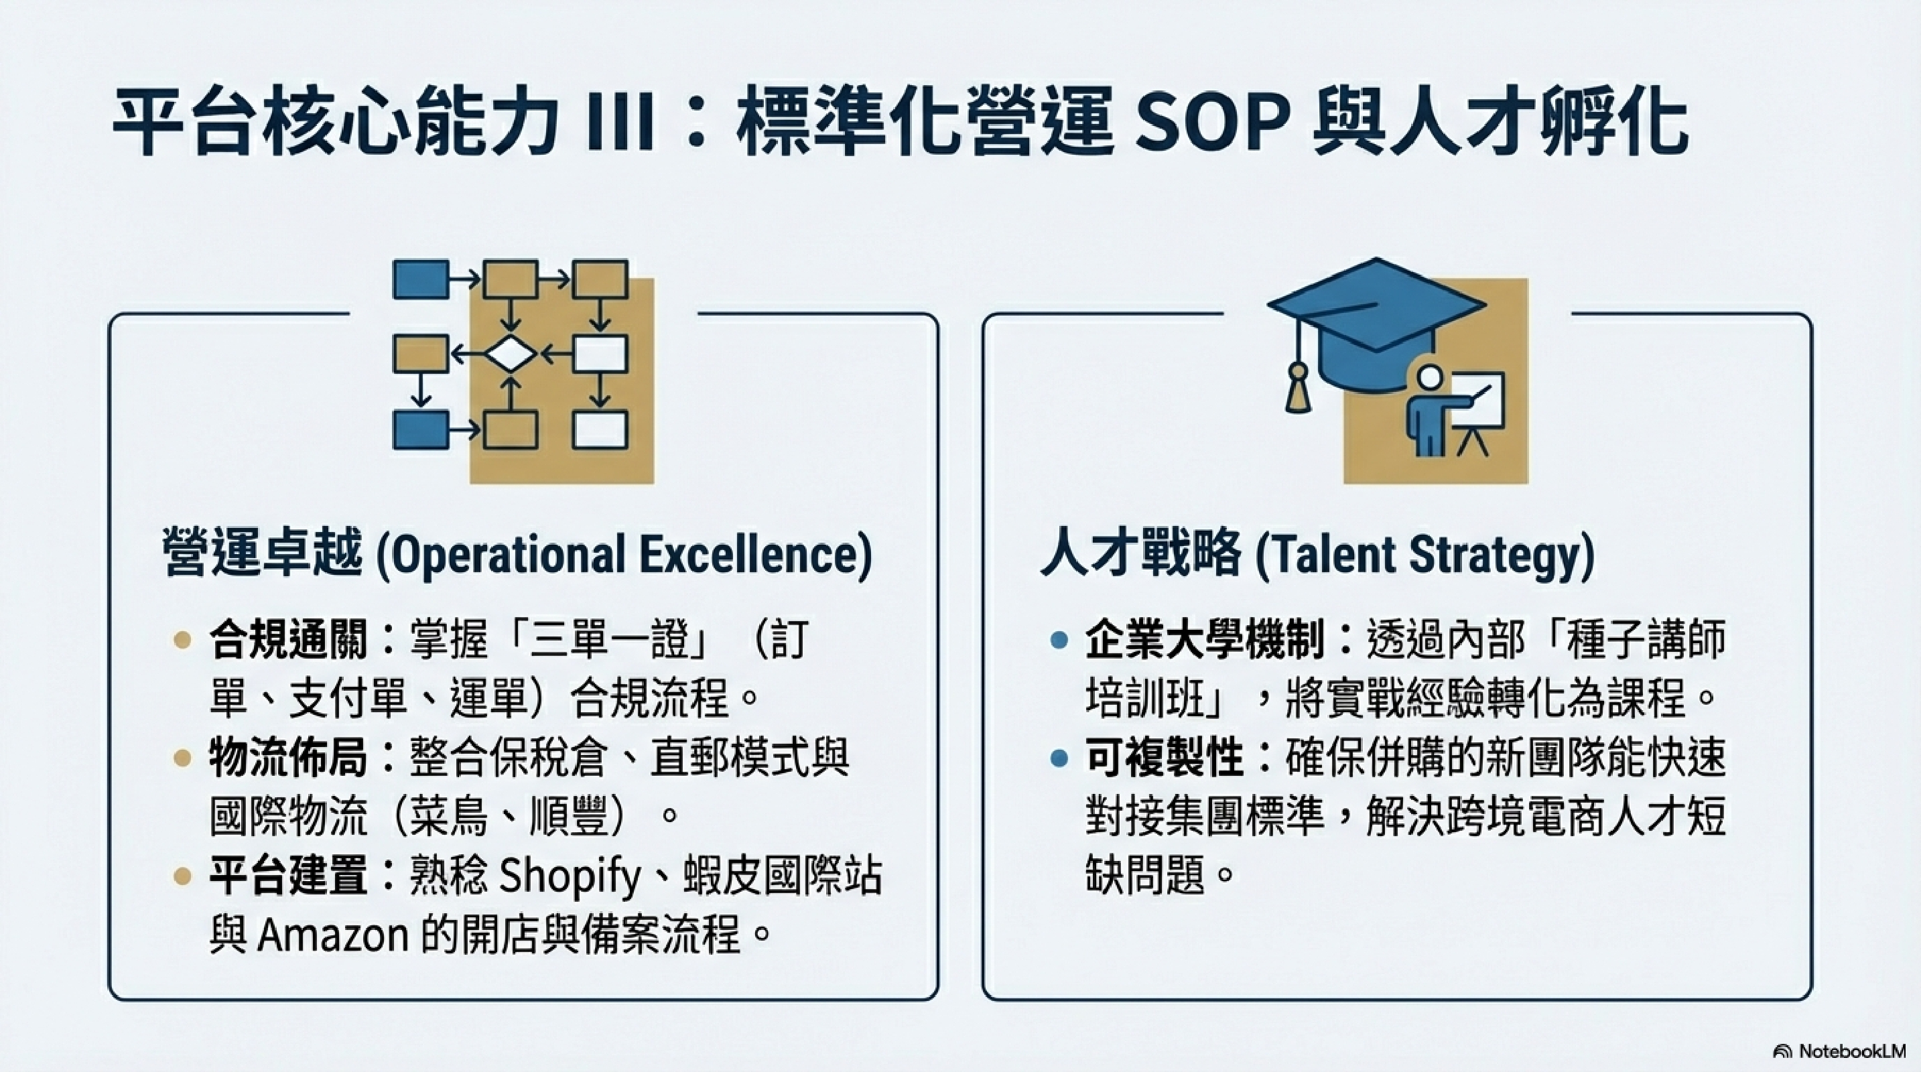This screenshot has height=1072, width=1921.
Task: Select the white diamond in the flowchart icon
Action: [510, 355]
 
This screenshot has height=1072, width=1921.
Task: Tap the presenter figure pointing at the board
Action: [1435, 409]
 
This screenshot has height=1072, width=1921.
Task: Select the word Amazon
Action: [332, 935]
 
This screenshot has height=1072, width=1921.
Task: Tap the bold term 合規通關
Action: [288, 641]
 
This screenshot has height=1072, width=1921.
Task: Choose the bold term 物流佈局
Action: [288, 758]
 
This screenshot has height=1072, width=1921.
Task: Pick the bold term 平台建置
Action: [288, 875]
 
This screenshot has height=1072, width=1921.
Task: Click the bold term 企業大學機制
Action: [1204, 641]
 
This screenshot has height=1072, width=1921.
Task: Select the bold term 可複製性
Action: [1164, 758]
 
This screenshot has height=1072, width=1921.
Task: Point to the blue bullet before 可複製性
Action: [1058, 759]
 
